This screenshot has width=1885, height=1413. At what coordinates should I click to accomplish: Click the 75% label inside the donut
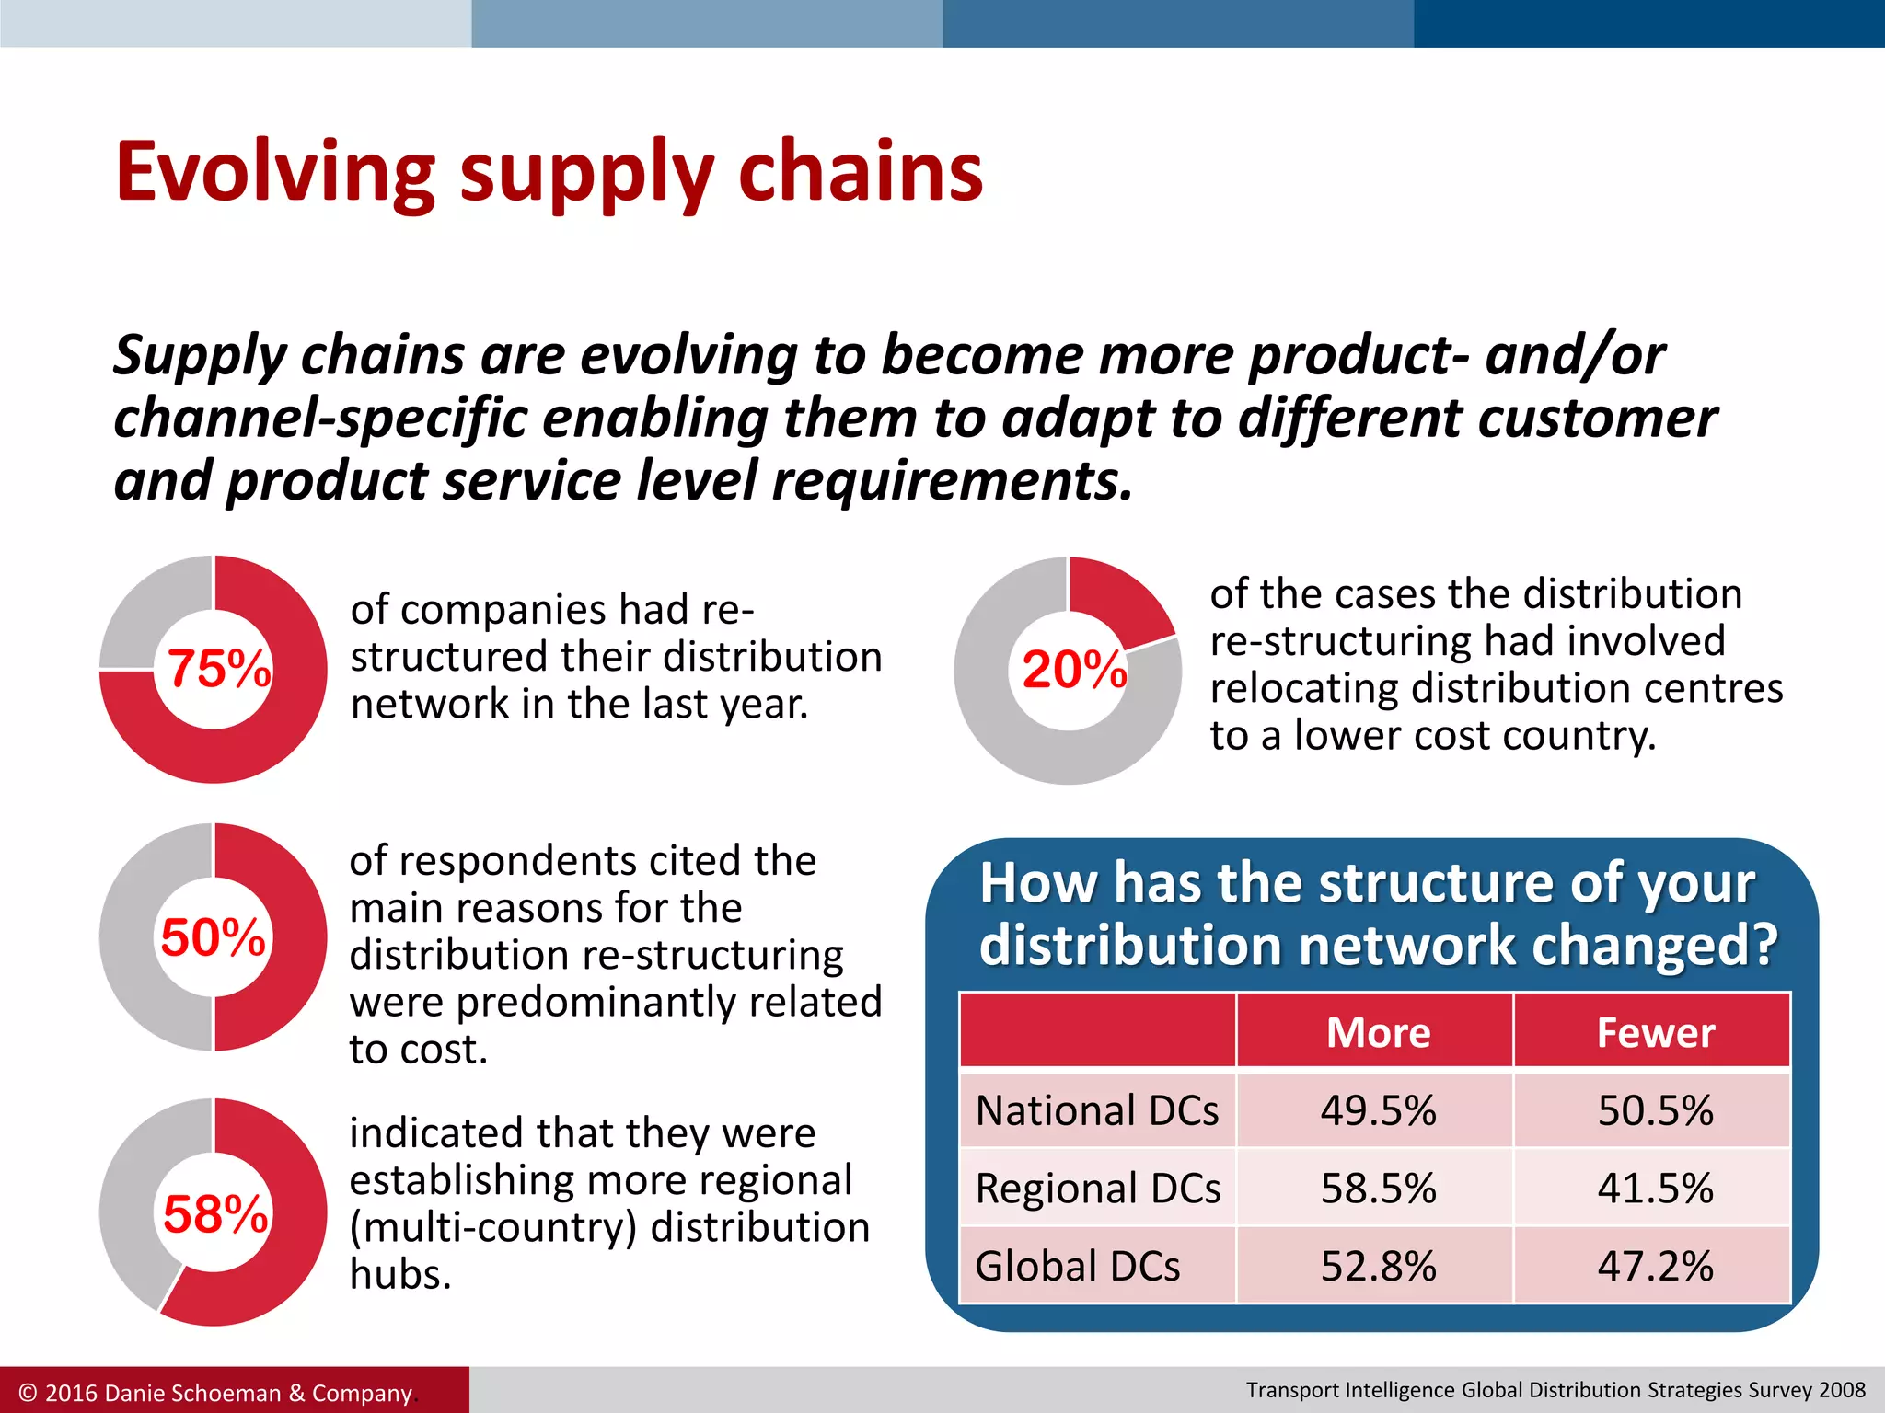click(x=218, y=669)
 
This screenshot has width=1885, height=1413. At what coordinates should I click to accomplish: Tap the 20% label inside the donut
click(x=1073, y=670)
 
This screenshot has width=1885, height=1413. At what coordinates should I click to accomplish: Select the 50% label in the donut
click(x=213, y=937)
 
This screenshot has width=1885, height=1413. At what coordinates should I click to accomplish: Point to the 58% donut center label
click(x=215, y=1214)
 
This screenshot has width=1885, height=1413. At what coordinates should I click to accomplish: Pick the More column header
click(x=1377, y=1032)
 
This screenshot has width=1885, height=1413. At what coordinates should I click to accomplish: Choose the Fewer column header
click(x=1654, y=1032)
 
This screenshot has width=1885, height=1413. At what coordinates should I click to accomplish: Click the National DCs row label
click(x=1096, y=1110)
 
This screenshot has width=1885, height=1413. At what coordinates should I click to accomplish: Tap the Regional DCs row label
click(x=1097, y=1189)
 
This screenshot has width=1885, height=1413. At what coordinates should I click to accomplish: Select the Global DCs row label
click(x=1077, y=1267)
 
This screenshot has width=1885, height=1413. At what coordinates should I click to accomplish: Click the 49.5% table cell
click(x=1377, y=1110)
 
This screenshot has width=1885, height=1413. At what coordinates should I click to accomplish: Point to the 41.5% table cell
click(x=1654, y=1189)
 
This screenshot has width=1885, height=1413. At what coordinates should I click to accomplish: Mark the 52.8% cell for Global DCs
click(x=1377, y=1267)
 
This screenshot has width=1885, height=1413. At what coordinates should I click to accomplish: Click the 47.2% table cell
click(x=1654, y=1267)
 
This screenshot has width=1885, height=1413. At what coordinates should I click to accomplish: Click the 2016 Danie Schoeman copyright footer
click(x=216, y=1393)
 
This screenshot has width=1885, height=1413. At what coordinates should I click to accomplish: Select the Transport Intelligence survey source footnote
click(x=1555, y=1390)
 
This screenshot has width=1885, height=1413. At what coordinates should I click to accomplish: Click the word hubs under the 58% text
click(x=400, y=1274)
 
